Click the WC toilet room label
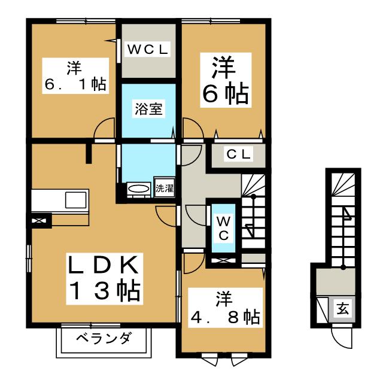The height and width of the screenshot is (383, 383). point(222,227)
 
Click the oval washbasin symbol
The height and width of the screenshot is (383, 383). point(139,189)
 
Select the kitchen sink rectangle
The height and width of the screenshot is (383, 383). point(75,199)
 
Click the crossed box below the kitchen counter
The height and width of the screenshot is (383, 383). point(40,221)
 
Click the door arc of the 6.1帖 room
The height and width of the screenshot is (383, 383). point(105,128)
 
